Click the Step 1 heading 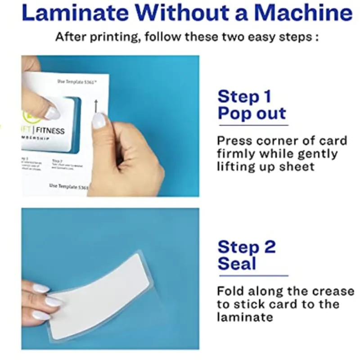(245, 96)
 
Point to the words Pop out (252, 113)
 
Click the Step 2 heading (246, 247)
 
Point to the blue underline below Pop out (252, 125)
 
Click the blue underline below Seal (252, 275)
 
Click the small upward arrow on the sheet (95, 106)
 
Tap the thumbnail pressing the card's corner (52, 112)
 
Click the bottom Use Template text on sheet (68, 185)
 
